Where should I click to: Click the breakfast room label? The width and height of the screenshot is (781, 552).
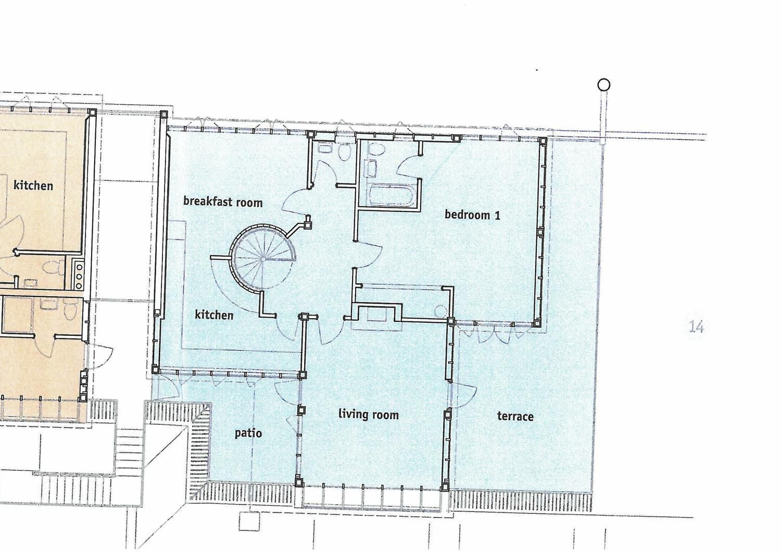point(223,202)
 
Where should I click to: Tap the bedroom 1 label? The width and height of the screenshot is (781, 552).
point(472,214)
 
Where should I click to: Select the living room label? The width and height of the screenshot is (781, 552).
point(369,415)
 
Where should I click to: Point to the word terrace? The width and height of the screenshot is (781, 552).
point(515,416)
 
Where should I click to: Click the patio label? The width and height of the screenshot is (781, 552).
point(248,433)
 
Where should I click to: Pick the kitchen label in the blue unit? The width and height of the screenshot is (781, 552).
point(214,315)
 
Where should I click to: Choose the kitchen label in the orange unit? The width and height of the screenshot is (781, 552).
point(33,185)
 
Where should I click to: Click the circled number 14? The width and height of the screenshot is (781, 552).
point(696,327)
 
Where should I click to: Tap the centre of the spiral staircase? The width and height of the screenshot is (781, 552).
point(262,259)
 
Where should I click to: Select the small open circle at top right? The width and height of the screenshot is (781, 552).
point(603,85)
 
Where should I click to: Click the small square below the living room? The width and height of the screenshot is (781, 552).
point(249,521)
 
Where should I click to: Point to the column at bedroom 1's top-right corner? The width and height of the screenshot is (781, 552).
point(542,141)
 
